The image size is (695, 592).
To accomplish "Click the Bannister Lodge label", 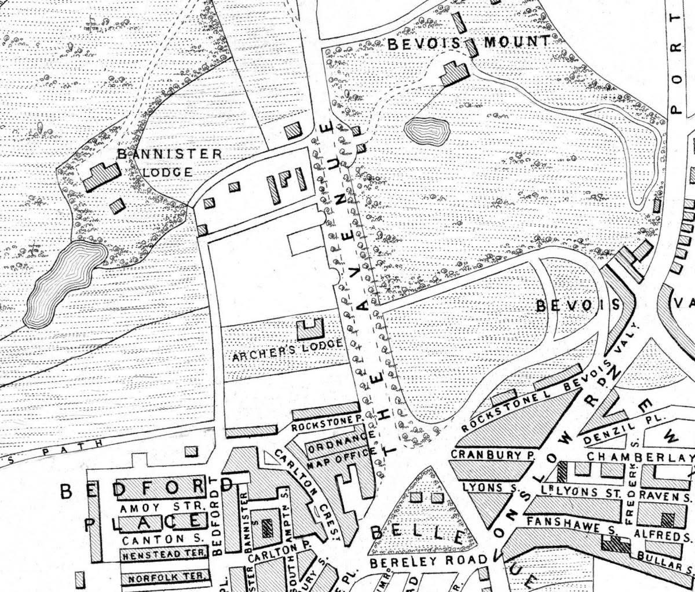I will pyautogui.click(x=169, y=163).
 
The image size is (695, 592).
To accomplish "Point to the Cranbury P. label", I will pyautogui.click(x=491, y=455).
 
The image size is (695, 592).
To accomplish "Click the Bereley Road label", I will pyautogui.click(x=429, y=562).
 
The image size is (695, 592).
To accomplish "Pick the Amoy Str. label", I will pyautogui.click(x=163, y=507).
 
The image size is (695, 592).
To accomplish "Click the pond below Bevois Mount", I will pyautogui.click(x=428, y=131).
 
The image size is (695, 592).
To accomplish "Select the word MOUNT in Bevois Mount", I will pyautogui.click(x=516, y=42).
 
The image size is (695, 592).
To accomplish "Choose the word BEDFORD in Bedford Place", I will pyautogui.click(x=148, y=490).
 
